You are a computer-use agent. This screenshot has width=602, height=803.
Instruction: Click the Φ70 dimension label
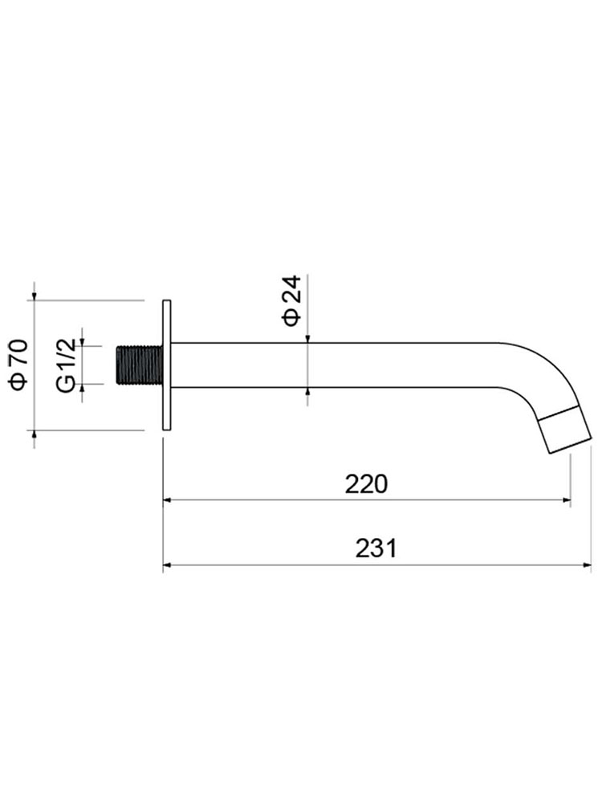tap(19, 364)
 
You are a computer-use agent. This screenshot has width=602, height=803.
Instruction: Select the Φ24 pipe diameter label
tap(292, 300)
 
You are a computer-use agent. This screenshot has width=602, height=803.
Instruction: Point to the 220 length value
tap(366, 484)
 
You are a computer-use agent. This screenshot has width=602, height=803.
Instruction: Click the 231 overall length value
tap(376, 548)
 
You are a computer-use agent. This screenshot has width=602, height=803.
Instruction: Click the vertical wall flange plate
tap(166, 365)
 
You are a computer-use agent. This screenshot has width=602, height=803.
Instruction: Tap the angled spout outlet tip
tap(565, 429)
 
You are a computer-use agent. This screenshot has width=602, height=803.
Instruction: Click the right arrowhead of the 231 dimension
tap(588, 565)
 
